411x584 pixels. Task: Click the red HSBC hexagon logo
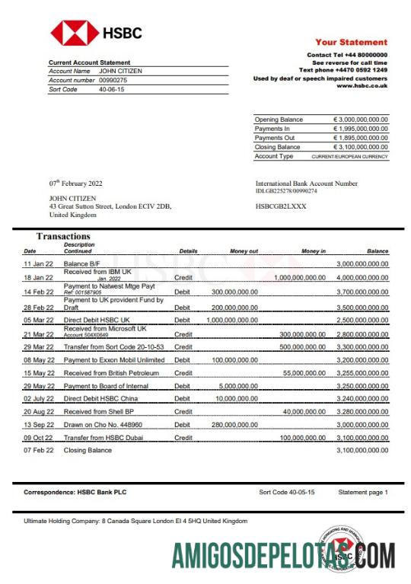(x=74, y=33)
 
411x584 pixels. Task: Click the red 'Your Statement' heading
(x=351, y=43)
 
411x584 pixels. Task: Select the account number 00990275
(x=113, y=80)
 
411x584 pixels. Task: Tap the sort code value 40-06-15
(x=112, y=89)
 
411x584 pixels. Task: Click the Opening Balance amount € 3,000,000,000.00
(x=361, y=120)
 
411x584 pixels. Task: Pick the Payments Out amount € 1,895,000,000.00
(x=361, y=138)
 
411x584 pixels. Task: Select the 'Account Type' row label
(x=274, y=156)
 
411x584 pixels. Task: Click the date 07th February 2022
(x=75, y=183)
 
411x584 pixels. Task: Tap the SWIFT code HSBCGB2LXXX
(x=281, y=206)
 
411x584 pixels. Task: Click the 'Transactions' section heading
(x=63, y=237)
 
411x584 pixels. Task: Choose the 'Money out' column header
(x=244, y=251)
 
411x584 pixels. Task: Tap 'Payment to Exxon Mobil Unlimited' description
(x=113, y=359)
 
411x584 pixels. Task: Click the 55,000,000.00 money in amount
(x=304, y=373)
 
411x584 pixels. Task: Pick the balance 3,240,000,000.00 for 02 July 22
(x=362, y=401)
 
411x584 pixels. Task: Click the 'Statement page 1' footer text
(x=363, y=493)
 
